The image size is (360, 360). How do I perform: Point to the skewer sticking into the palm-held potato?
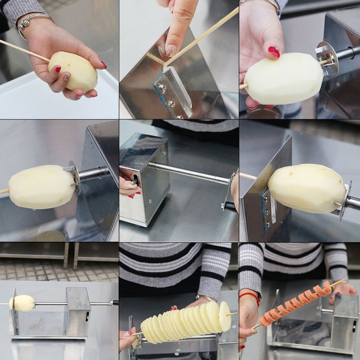tap(22, 49)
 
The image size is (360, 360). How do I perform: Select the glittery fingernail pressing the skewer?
tap(171, 50)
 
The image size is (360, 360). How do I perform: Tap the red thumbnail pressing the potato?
tap(274, 52)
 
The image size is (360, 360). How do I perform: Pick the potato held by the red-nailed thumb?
tap(283, 78)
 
